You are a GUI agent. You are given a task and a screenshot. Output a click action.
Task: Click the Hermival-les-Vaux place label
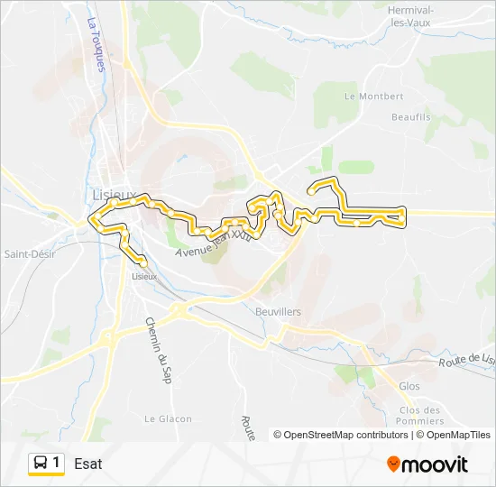click(409, 15)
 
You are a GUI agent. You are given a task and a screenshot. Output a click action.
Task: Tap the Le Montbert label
click(373, 96)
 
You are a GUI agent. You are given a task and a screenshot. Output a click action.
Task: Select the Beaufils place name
click(410, 117)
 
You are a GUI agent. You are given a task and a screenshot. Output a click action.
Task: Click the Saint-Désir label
click(30, 253)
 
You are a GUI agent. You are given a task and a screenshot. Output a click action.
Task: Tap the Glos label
click(409, 386)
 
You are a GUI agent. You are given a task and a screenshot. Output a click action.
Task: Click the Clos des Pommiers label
click(418, 416)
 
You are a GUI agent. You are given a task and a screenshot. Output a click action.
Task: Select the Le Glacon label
click(168, 418)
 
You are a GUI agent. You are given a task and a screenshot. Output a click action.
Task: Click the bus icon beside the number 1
click(41, 464)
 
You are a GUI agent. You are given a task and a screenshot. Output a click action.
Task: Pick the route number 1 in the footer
click(57, 463)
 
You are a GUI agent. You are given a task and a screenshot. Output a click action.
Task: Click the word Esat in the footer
click(88, 464)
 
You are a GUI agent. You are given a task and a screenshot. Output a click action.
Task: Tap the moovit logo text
click(436, 464)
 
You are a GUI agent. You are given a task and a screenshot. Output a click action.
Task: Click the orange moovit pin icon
click(393, 464)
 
